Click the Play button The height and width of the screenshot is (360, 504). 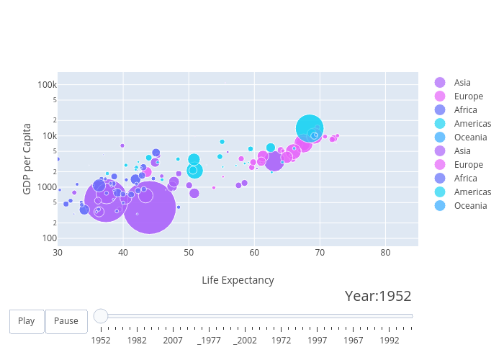27,321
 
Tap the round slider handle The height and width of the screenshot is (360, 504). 101,316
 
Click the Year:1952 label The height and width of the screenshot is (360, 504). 378,296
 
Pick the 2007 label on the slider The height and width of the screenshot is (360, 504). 173,340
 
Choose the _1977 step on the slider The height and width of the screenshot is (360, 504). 209,340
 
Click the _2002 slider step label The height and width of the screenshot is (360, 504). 245,340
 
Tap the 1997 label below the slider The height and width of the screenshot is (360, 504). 318,340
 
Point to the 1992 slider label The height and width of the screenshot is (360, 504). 390,340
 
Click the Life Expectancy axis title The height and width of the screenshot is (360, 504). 238,280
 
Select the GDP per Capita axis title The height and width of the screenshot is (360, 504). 27,158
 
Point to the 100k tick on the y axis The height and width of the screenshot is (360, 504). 48,85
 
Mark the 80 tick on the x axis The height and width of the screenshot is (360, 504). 385,253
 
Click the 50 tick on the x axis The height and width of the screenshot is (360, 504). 189,253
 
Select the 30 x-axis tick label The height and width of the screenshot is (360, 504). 58,253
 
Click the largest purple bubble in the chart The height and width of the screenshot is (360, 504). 150,207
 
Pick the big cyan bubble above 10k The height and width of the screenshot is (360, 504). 310,128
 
